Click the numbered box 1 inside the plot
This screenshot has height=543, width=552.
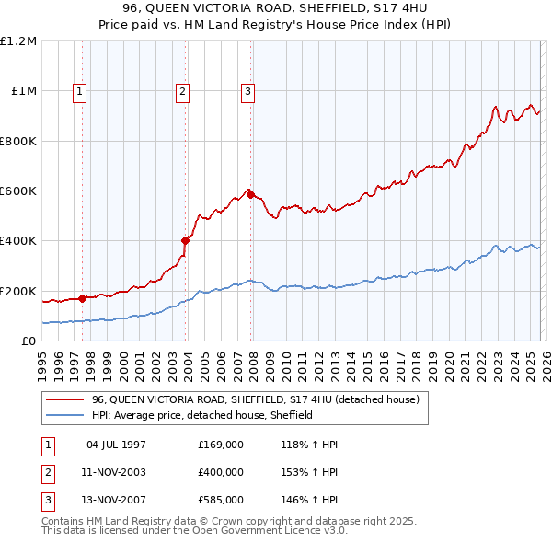80,91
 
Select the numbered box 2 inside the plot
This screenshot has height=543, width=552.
183,91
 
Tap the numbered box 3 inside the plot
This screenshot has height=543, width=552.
248,91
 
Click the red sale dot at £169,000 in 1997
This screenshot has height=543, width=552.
82,298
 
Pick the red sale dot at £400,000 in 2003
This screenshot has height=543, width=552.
185,240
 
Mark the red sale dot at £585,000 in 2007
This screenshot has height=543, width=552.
250,194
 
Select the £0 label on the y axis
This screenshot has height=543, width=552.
28,341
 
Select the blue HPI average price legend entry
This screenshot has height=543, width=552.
202,415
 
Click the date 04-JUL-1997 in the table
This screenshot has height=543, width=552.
116,445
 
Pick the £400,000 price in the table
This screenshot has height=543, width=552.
221,472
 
